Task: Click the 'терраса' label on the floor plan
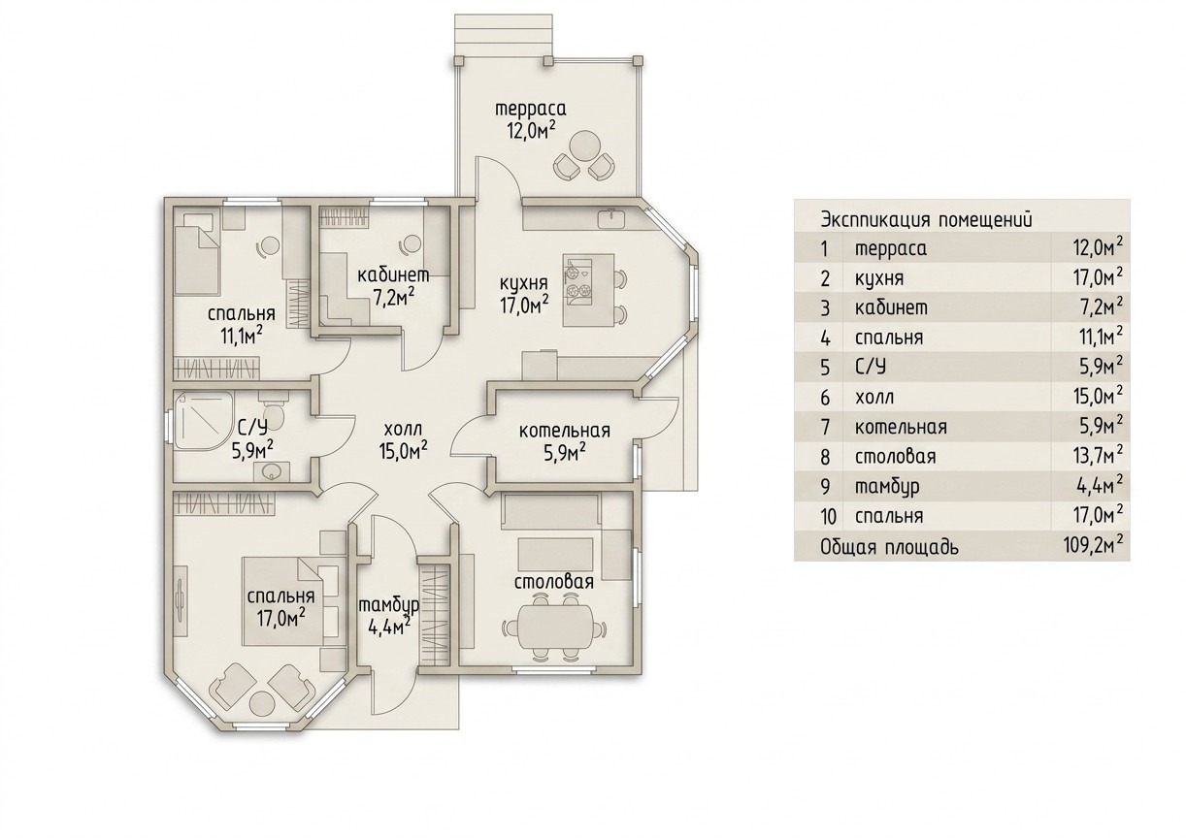point(531,109)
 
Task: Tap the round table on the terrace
point(584,145)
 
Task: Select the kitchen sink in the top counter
point(611,218)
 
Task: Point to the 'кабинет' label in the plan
point(392,275)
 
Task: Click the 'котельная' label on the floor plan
point(565,431)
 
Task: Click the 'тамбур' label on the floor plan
point(388,605)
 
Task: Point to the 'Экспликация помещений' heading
point(926,219)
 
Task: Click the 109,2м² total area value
point(1092,545)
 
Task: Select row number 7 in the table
point(825,427)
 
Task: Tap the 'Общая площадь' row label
point(889,547)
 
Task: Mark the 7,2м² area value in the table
point(1102,306)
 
